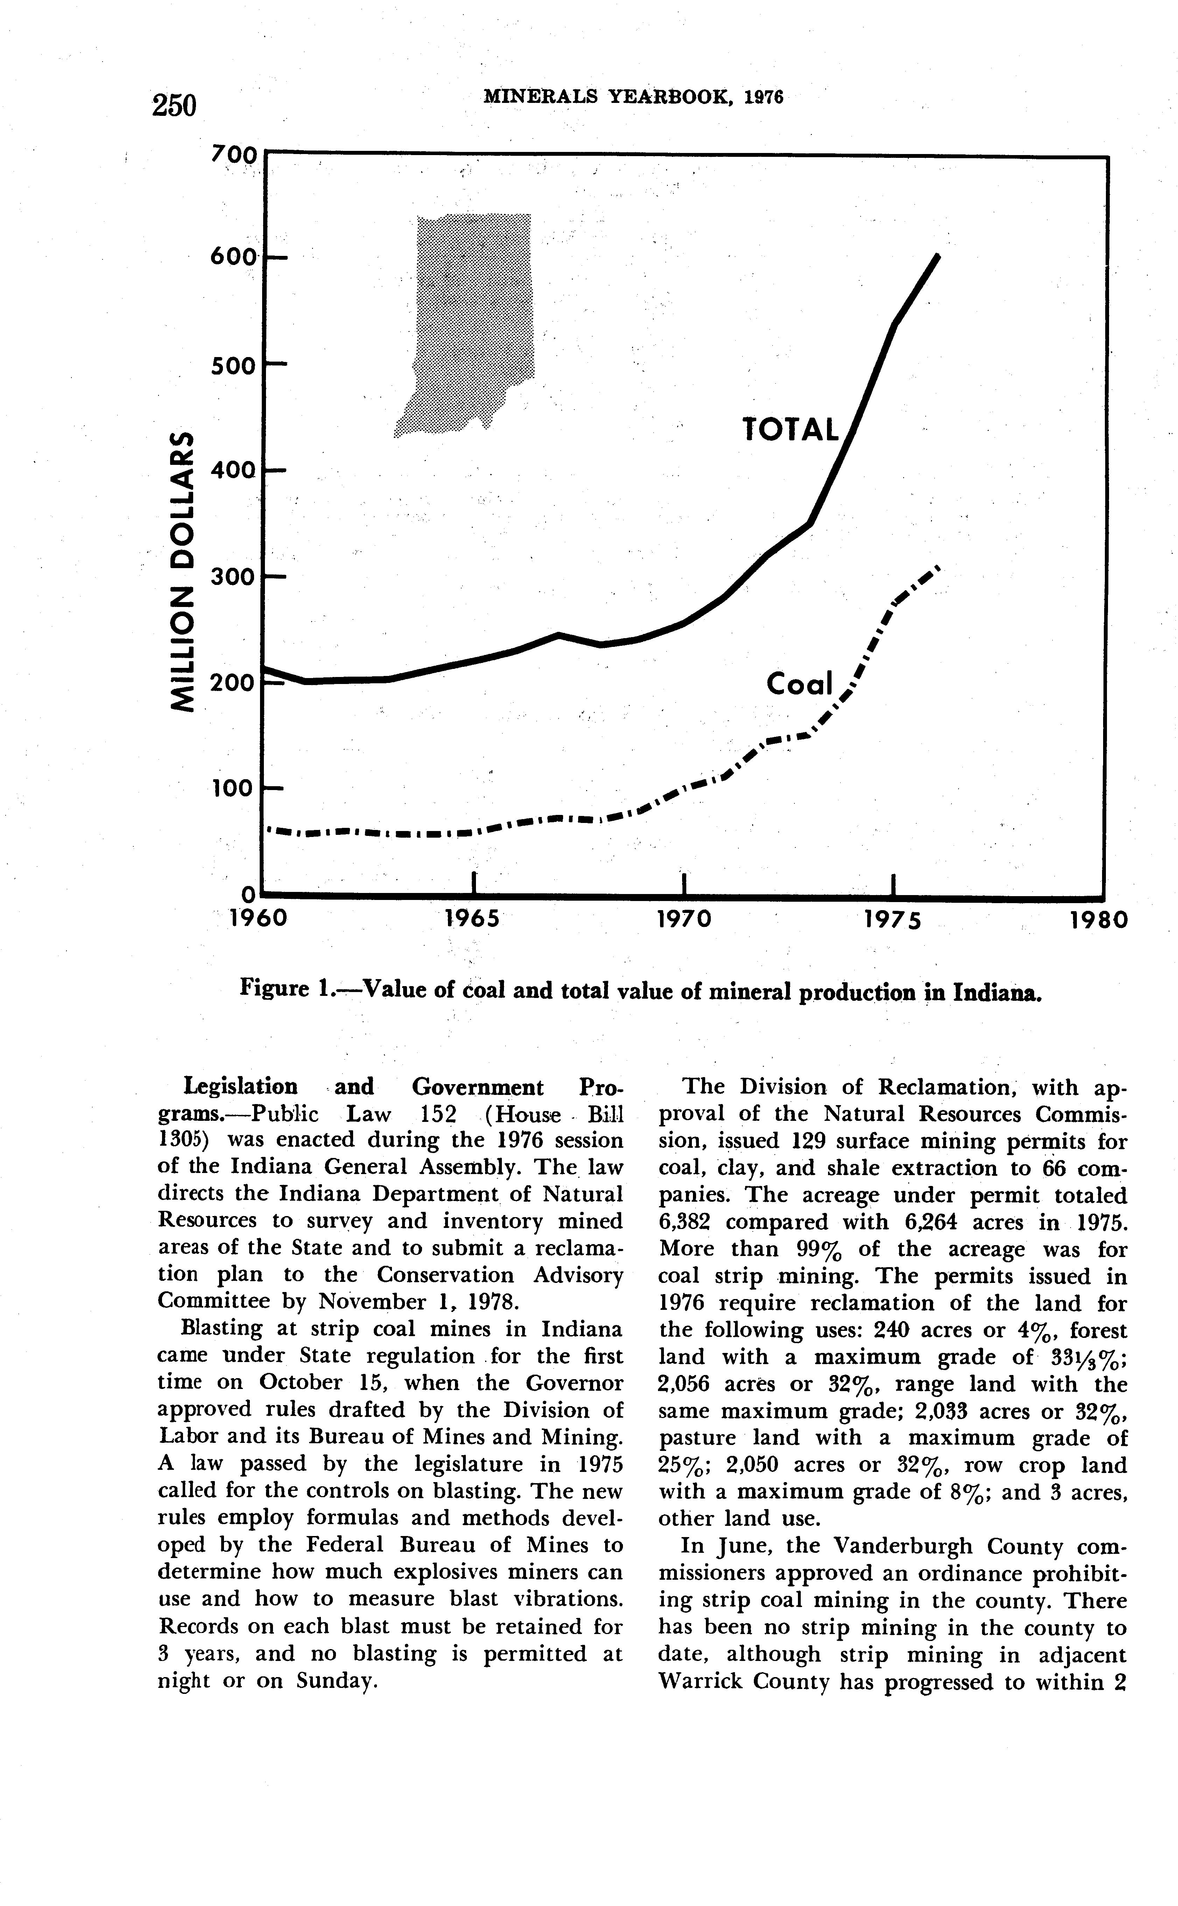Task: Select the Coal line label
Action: [799, 684]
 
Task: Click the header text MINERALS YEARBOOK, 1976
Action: [633, 97]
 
